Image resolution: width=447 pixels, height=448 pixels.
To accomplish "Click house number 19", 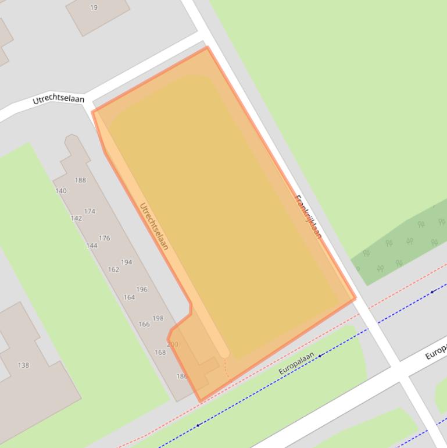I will click(94, 8).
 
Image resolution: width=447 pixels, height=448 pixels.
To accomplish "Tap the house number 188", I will click(80, 180).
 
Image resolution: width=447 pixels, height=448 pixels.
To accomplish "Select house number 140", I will click(61, 191).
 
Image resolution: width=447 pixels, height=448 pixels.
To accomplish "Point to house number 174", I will click(90, 211).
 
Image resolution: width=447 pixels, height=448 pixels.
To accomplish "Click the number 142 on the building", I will click(76, 218).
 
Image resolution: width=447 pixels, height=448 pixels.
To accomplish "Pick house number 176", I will click(105, 238).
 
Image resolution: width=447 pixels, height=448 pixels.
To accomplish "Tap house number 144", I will click(91, 246).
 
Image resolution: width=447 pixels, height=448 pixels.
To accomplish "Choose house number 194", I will click(127, 262).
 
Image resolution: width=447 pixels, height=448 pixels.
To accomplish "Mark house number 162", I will click(113, 269).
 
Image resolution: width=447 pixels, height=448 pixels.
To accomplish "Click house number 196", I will click(142, 289).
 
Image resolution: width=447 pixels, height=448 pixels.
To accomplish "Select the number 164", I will click(129, 297).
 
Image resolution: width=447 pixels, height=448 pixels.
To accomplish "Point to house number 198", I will click(158, 318).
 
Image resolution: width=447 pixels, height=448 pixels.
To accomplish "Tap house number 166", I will click(144, 325).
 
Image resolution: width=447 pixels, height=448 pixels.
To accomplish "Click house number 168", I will click(160, 352).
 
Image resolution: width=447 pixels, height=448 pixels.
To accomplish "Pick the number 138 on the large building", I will click(23, 365).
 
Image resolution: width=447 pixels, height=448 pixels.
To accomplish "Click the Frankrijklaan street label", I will click(309, 216).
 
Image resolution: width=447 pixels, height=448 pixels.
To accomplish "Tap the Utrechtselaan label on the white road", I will click(58, 100).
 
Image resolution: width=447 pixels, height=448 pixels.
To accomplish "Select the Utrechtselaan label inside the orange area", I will click(154, 226).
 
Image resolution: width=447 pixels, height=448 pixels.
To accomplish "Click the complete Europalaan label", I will click(296, 364).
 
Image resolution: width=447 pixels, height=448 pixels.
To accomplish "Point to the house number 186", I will click(182, 376).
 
